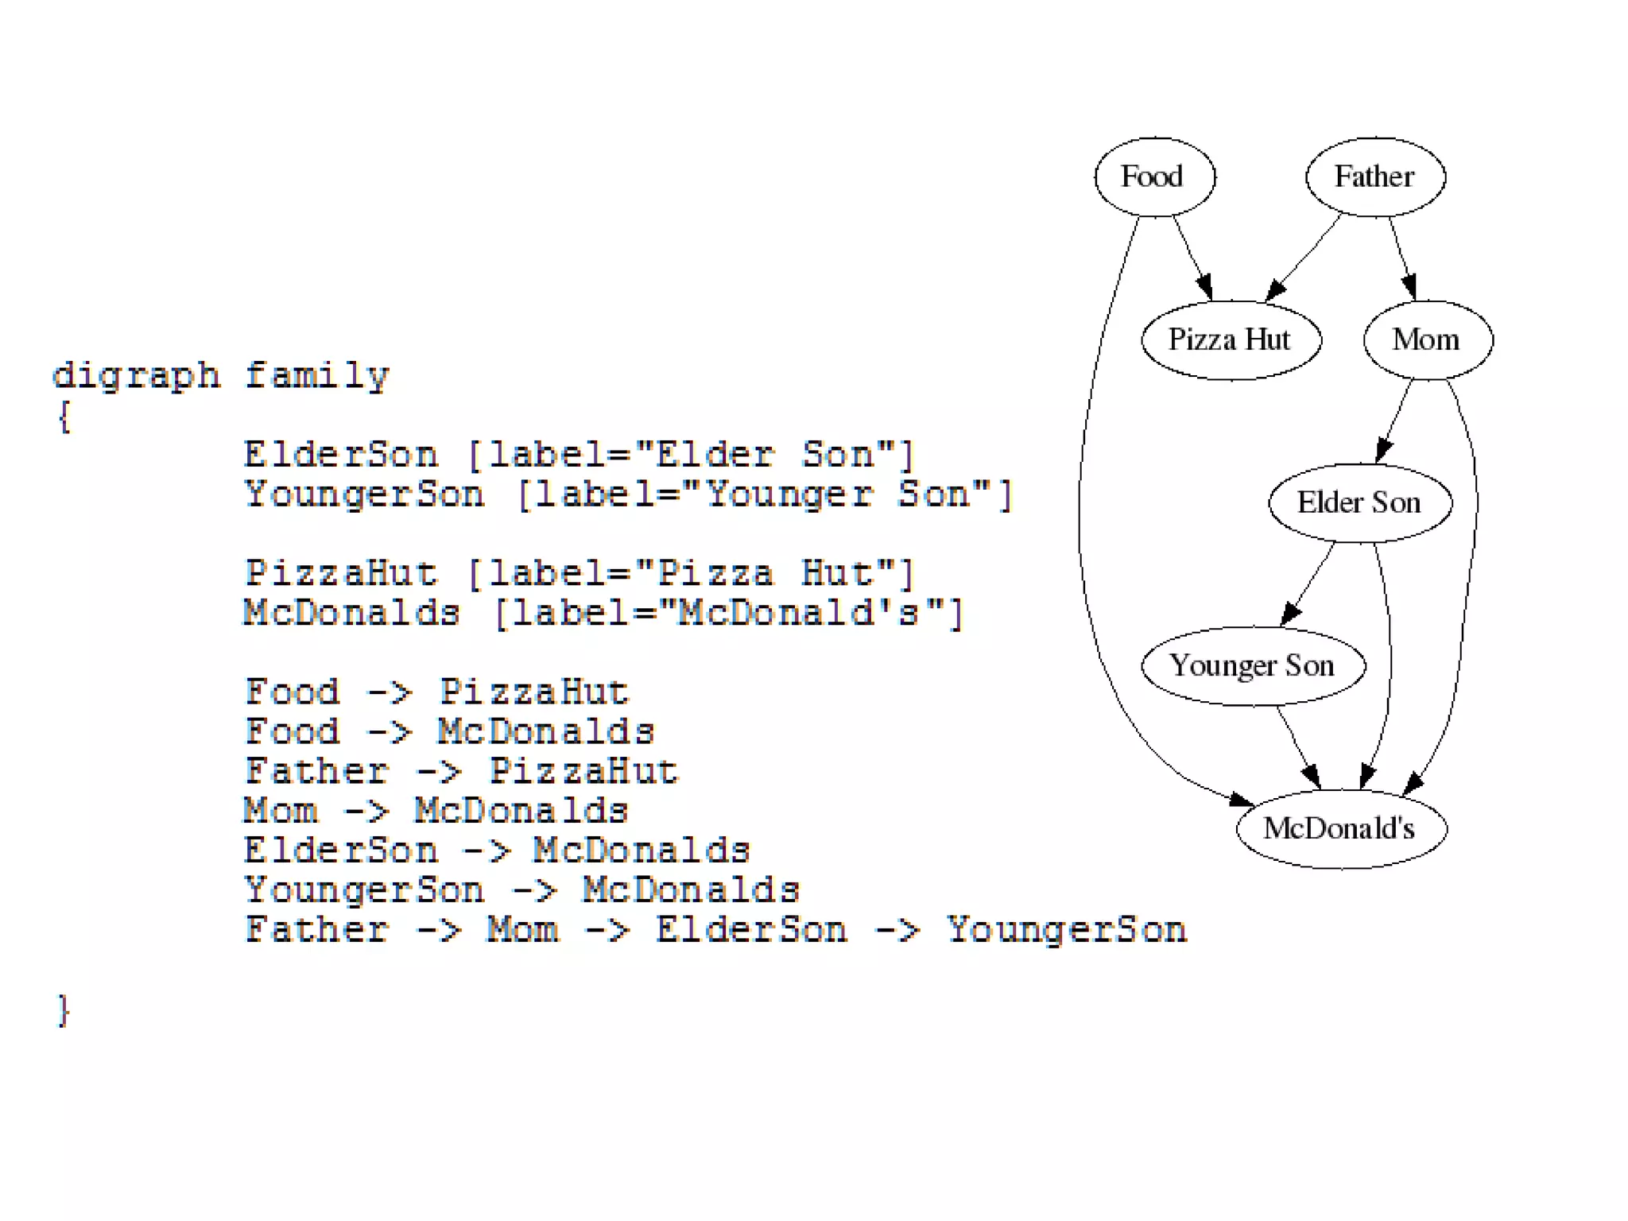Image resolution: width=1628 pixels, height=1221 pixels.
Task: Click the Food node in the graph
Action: click(x=1154, y=176)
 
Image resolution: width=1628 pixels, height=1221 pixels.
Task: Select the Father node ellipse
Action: click(x=1375, y=176)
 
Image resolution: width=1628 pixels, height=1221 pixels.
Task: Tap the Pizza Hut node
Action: click(x=1231, y=340)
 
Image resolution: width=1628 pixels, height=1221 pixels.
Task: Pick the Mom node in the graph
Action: click(x=1428, y=340)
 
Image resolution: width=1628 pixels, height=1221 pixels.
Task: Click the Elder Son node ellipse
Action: click(x=1360, y=503)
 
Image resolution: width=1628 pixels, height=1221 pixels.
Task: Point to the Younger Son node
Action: click(x=1253, y=666)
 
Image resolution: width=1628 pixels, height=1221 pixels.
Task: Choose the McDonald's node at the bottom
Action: click(x=1341, y=829)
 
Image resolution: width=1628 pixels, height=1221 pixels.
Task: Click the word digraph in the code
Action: click(x=136, y=375)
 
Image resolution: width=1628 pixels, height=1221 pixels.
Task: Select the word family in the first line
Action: click(x=316, y=375)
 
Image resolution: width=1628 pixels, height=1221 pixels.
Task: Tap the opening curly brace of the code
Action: click(x=64, y=416)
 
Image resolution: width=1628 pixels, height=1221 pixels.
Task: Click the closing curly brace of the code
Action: click(x=64, y=1010)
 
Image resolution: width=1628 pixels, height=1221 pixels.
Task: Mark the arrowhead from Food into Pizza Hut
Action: click(x=1205, y=287)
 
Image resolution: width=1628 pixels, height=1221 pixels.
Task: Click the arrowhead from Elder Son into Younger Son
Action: click(x=1291, y=614)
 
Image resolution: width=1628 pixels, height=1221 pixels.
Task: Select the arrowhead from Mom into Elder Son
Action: click(x=1384, y=451)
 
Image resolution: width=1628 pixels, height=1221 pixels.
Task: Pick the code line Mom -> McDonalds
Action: click(x=436, y=812)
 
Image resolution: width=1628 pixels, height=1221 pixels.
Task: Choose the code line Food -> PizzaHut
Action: click(x=436, y=692)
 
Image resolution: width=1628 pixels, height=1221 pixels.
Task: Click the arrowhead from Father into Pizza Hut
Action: click(x=1275, y=290)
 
